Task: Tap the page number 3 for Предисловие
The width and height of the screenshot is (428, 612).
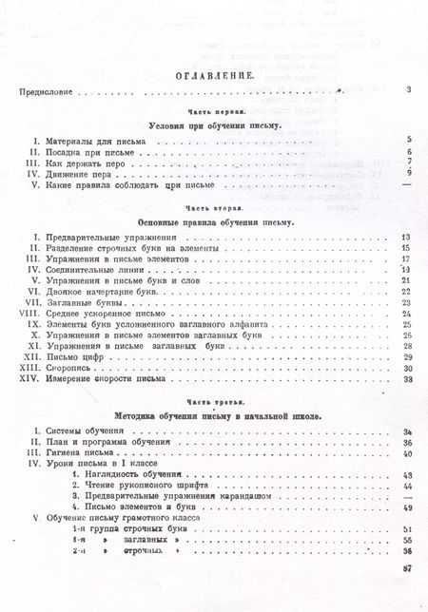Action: (x=406, y=90)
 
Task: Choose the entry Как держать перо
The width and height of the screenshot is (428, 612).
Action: (x=76, y=163)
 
